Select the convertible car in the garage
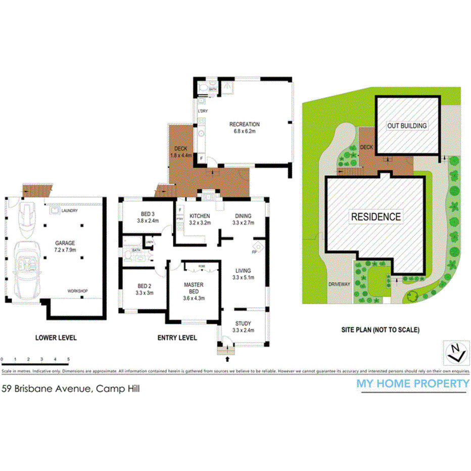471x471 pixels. pyautogui.click(x=23, y=265)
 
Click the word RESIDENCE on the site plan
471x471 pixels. pyautogui.click(x=376, y=217)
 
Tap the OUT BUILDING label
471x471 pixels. pyautogui.click(x=407, y=125)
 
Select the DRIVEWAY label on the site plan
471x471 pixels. pyautogui.click(x=339, y=285)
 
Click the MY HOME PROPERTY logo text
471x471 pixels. pyautogui.click(x=413, y=383)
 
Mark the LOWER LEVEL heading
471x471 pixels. pyautogui.click(x=56, y=338)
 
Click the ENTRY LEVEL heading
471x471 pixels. pyautogui.click(x=177, y=338)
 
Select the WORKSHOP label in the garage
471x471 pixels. pyautogui.click(x=78, y=291)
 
